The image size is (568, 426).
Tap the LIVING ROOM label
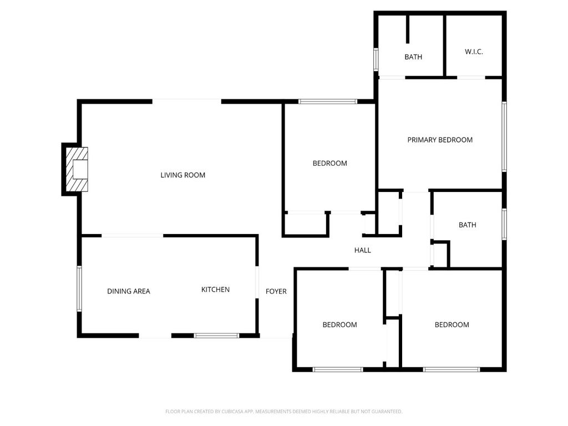tap(182, 175)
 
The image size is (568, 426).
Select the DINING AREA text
tap(128, 291)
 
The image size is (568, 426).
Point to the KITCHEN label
tap(215, 290)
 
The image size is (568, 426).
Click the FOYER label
tap(276, 291)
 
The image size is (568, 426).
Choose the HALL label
tap(362, 250)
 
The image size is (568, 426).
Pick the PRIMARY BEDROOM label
tap(440, 140)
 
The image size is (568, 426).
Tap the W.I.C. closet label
tap(474, 52)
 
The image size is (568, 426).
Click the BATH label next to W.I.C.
tap(413, 57)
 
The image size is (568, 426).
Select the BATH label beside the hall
tap(467, 225)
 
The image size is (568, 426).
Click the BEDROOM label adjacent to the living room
tap(329, 163)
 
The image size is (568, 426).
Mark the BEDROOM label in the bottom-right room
tap(452, 324)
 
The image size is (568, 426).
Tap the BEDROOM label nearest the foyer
tap(339, 324)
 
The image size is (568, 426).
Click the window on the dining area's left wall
tap(79, 288)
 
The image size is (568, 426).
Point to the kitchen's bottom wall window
tap(216, 336)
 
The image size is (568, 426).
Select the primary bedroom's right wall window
tap(504, 136)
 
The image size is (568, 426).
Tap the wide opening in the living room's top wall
tap(186, 101)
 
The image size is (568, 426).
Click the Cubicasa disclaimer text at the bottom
tap(283, 412)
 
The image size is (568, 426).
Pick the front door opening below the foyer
tap(276, 337)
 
